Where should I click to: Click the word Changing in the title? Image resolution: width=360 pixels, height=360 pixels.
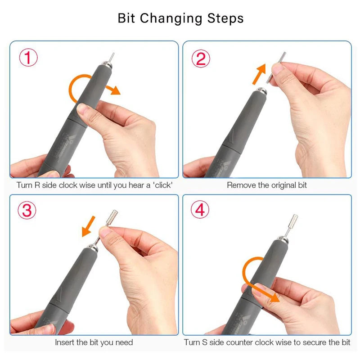coord(171,19)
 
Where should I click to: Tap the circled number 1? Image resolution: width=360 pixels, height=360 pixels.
coord(28,58)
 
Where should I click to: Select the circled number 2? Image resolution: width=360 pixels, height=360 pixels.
coord(201,58)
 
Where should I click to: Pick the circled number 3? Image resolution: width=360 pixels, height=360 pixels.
coord(27,210)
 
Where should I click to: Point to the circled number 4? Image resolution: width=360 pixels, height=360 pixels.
coord(200,209)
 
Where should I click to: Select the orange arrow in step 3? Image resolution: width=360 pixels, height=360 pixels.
coord(88,226)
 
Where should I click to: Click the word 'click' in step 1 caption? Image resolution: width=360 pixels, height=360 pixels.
coord(163,185)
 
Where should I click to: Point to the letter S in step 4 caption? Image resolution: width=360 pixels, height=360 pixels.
coord(204,342)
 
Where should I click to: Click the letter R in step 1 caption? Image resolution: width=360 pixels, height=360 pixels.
coord(37,185)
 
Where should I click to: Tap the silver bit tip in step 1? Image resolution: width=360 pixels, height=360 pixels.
coord(112,57)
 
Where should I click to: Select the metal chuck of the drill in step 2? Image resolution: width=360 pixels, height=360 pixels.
coord(260,91)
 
